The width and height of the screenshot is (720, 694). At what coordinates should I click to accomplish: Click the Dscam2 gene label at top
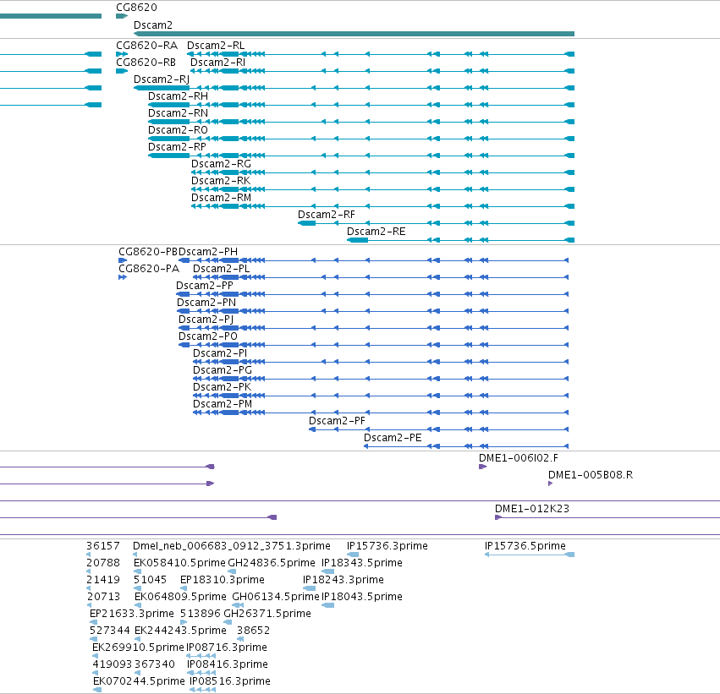(153, 25)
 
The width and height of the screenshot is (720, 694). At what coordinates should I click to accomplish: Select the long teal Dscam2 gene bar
(354, 34)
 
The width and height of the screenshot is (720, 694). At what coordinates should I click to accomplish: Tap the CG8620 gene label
(136, 8)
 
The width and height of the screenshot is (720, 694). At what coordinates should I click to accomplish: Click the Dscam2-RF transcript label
(327, 215)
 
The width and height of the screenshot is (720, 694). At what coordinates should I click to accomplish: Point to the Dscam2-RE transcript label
(376, 232)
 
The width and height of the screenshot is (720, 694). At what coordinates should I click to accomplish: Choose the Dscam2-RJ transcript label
(162, 79)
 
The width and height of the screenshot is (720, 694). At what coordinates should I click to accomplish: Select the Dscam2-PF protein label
(337, 421)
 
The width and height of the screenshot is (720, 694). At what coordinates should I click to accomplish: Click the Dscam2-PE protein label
(393, 438)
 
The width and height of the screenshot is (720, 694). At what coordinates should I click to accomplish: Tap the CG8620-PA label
(149, 269)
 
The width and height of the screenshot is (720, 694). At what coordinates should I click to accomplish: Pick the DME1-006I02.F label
(519, 458)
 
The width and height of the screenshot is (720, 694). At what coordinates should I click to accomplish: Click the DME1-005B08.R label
(591, 475)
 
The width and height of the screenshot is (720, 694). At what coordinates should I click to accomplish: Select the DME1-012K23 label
(531, 509)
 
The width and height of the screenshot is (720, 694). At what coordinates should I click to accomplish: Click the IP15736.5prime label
(525, 546)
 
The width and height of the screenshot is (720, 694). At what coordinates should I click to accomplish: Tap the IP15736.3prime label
(387, 546)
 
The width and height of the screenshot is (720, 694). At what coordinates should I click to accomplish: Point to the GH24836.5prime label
(272, 563)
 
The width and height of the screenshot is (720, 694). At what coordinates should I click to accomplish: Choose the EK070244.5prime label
(139, 681)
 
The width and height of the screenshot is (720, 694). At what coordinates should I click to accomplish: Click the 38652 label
(253, 631)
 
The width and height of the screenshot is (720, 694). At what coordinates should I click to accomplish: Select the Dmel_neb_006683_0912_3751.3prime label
(232, 546)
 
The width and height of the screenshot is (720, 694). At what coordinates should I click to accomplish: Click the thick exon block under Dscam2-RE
(358, 240)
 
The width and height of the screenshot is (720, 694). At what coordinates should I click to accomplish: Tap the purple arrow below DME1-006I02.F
(482, 467)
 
